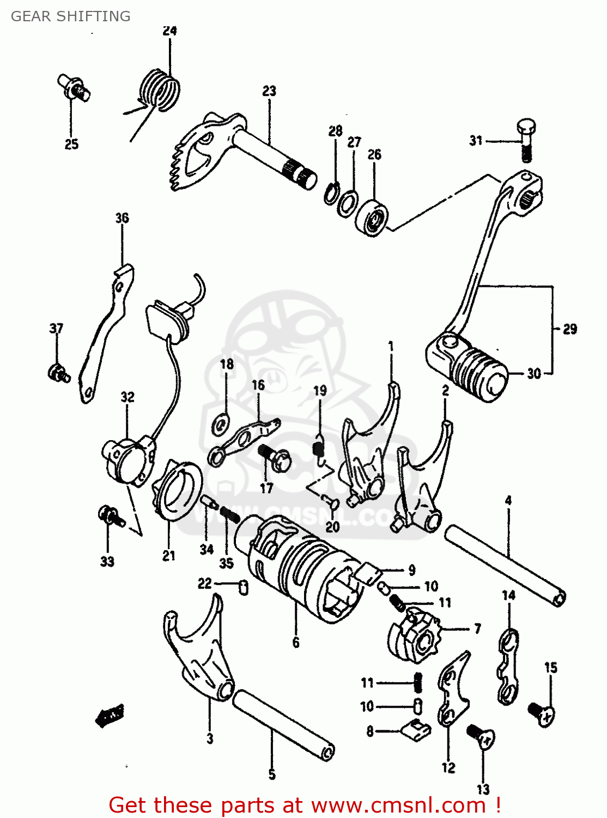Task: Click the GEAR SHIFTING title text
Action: pos(71,16)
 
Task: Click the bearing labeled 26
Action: pos(373,217)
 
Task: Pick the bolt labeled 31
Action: pos(525,139)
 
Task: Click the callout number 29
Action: pos(569,329)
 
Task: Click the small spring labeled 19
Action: pos(318,450)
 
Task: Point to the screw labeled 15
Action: pos(542,712)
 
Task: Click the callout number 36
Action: pos(122,218)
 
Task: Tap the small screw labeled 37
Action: pos(57,374)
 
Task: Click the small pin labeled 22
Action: pos(244,587)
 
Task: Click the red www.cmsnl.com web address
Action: pos(398,805)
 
